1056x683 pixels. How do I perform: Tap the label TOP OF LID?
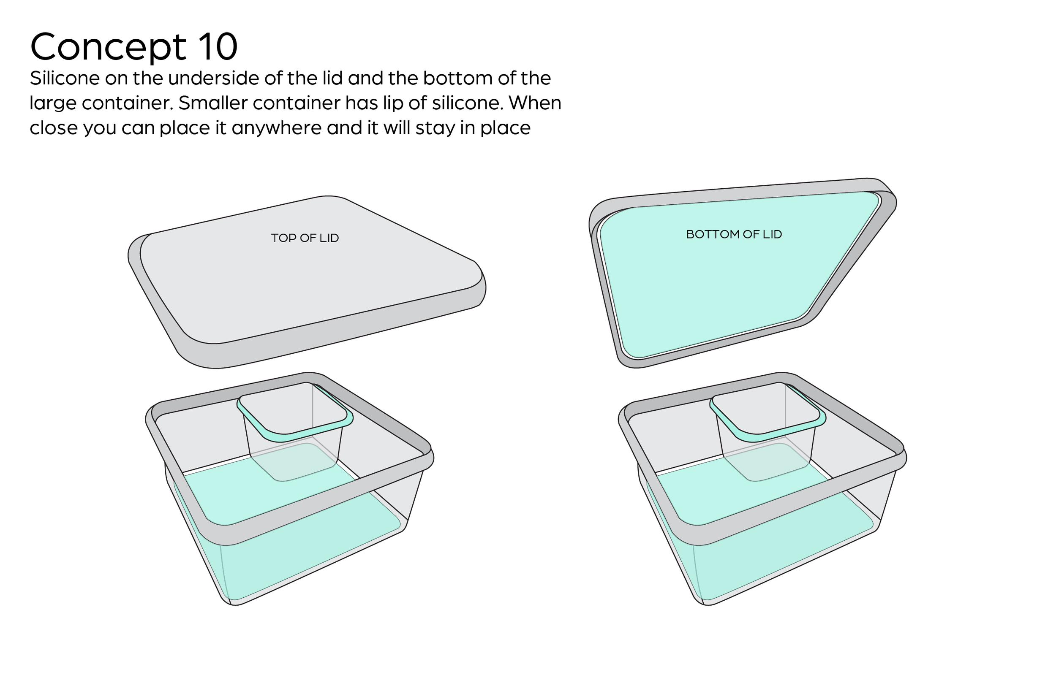pos(305,238)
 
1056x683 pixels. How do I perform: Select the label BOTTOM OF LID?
pos(734,234)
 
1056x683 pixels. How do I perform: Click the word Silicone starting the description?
pos(64,79)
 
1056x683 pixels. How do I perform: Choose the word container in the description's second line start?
pos(127,103)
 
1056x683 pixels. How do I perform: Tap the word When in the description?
pos(535,103)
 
